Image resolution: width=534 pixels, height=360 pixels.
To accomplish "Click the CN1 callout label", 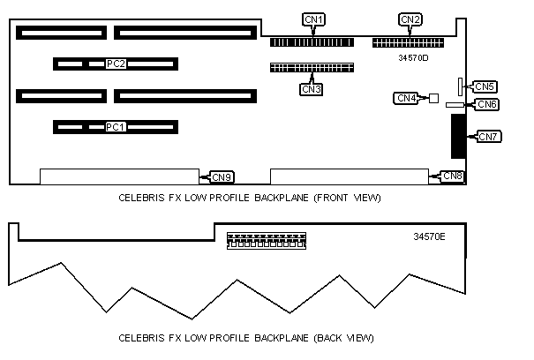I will point(313,19).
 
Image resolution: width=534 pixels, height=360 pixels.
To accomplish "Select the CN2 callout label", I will point(410,19).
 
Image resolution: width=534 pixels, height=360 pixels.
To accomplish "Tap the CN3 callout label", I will point(312,88).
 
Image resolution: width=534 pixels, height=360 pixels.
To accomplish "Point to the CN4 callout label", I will point(406,98).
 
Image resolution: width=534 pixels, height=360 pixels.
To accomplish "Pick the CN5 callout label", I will point(485,86).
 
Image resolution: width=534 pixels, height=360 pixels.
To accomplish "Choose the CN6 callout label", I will point(487,104).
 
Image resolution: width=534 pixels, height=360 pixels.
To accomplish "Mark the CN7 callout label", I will point(488,136).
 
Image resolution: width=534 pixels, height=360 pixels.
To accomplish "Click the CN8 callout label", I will point(453,176).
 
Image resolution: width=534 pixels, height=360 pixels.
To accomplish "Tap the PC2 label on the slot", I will point(116,64).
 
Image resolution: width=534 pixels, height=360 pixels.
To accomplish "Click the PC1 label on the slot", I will point(116,127).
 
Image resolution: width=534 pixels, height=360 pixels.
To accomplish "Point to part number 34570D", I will point(413,58).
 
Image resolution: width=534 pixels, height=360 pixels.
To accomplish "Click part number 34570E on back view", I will point(429,236).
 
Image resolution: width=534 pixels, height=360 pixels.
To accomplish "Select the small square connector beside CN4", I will point(433,98).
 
